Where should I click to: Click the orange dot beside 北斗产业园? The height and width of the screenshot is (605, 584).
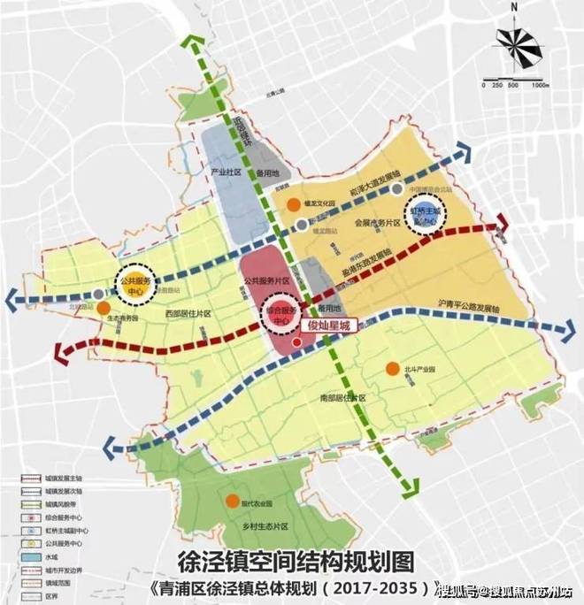[x=390, y=369]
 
